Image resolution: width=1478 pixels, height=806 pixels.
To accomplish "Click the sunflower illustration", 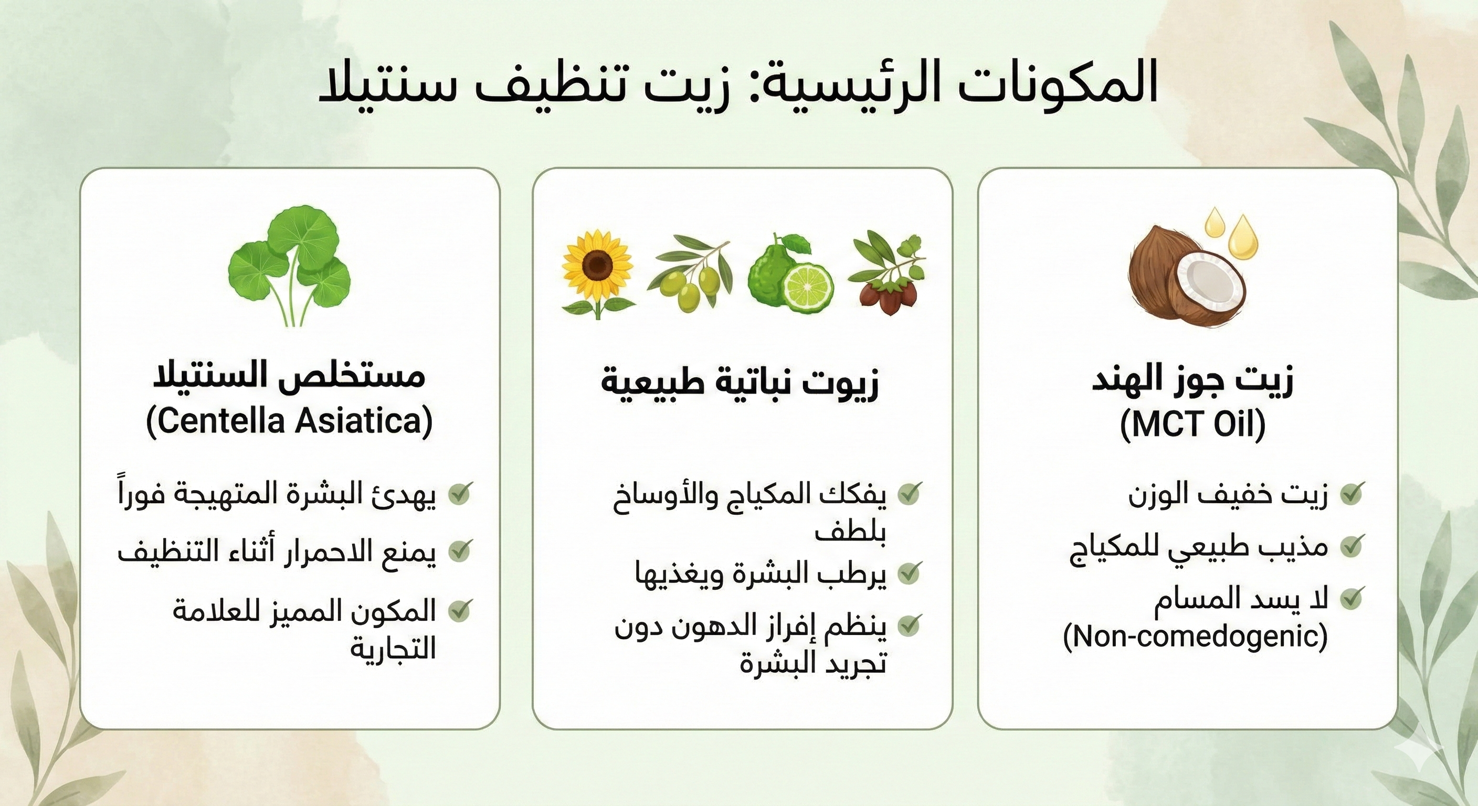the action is [597, 273].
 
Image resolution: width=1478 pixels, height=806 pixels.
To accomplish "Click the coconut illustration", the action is [1188, 277].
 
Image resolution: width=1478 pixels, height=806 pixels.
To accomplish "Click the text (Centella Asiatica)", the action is [289, 422].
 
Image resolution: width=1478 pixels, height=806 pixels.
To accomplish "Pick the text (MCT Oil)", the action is [1193, 425].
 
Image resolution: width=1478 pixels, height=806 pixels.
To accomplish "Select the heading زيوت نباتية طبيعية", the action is [740, 382].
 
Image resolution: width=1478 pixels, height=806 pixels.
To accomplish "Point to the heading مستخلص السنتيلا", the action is [289, 375].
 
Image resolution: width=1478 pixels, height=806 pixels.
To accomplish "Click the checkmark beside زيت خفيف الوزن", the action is [1351, 493].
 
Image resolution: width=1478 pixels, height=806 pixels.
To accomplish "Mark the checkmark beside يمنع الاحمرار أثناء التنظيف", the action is [460, 549].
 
